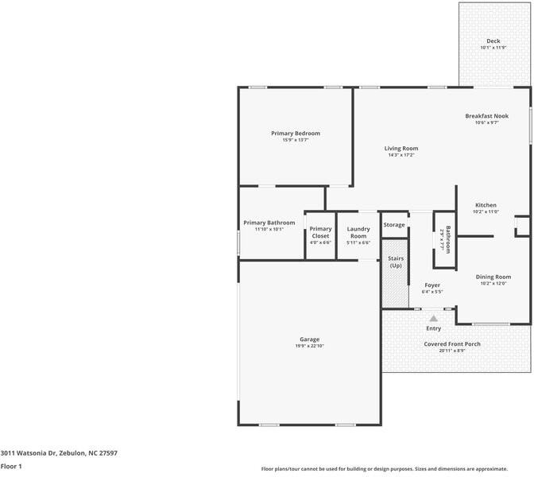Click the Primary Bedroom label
point(296,133)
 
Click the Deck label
point(493,41)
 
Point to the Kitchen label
point(486,205)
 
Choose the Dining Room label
point(493,277)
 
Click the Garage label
point(310,339)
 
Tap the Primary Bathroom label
point(269,223)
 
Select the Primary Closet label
point(320,232)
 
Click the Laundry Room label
point(358,232)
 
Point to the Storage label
point(394,225)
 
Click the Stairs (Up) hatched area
point(395,278)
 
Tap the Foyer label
point(432,285)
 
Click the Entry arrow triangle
point(434,318)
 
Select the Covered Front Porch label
point(452,344)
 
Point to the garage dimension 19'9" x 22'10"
point(310,347)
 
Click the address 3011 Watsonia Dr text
point(59,452)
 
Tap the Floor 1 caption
point(11,467)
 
